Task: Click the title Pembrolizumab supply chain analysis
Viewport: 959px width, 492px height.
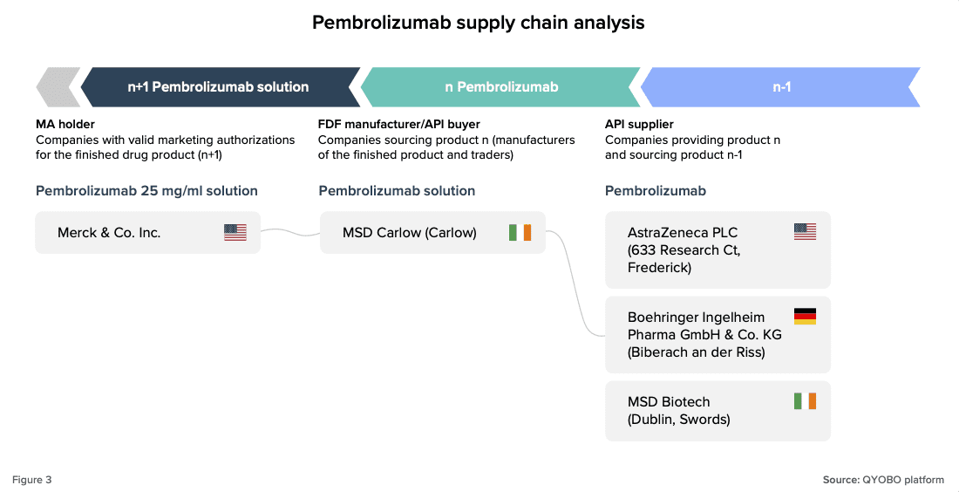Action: click(479, 23)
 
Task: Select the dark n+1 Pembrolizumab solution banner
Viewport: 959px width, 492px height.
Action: click(218, 87)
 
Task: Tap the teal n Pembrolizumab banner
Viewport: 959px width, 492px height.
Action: click(501, 87)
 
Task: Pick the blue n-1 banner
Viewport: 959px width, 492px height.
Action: click(781, 87)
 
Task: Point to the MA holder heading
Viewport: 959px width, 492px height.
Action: click(65, 125)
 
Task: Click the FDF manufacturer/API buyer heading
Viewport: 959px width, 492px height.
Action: click(398, 125)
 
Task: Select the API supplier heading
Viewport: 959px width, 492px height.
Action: click(639, 125)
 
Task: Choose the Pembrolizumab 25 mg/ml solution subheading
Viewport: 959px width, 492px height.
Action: click(146, 191)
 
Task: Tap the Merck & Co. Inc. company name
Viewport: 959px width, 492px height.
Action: click(109, 233)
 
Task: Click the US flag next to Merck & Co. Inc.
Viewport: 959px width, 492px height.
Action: click(235, 233)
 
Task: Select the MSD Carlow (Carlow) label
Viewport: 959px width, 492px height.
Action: click(410, 233)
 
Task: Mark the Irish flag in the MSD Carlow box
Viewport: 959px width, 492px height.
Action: click(520, 233)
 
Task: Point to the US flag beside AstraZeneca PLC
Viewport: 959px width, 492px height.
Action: click(805, 232)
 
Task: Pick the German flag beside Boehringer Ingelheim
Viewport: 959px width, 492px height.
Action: click(805, 317)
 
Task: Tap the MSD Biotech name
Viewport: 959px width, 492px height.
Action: click(669, 402)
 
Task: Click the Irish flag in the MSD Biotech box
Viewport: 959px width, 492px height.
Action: click(805, 401)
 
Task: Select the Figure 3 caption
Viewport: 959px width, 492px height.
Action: click(31, 480)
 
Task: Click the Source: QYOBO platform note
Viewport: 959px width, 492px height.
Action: click(883, 480)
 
